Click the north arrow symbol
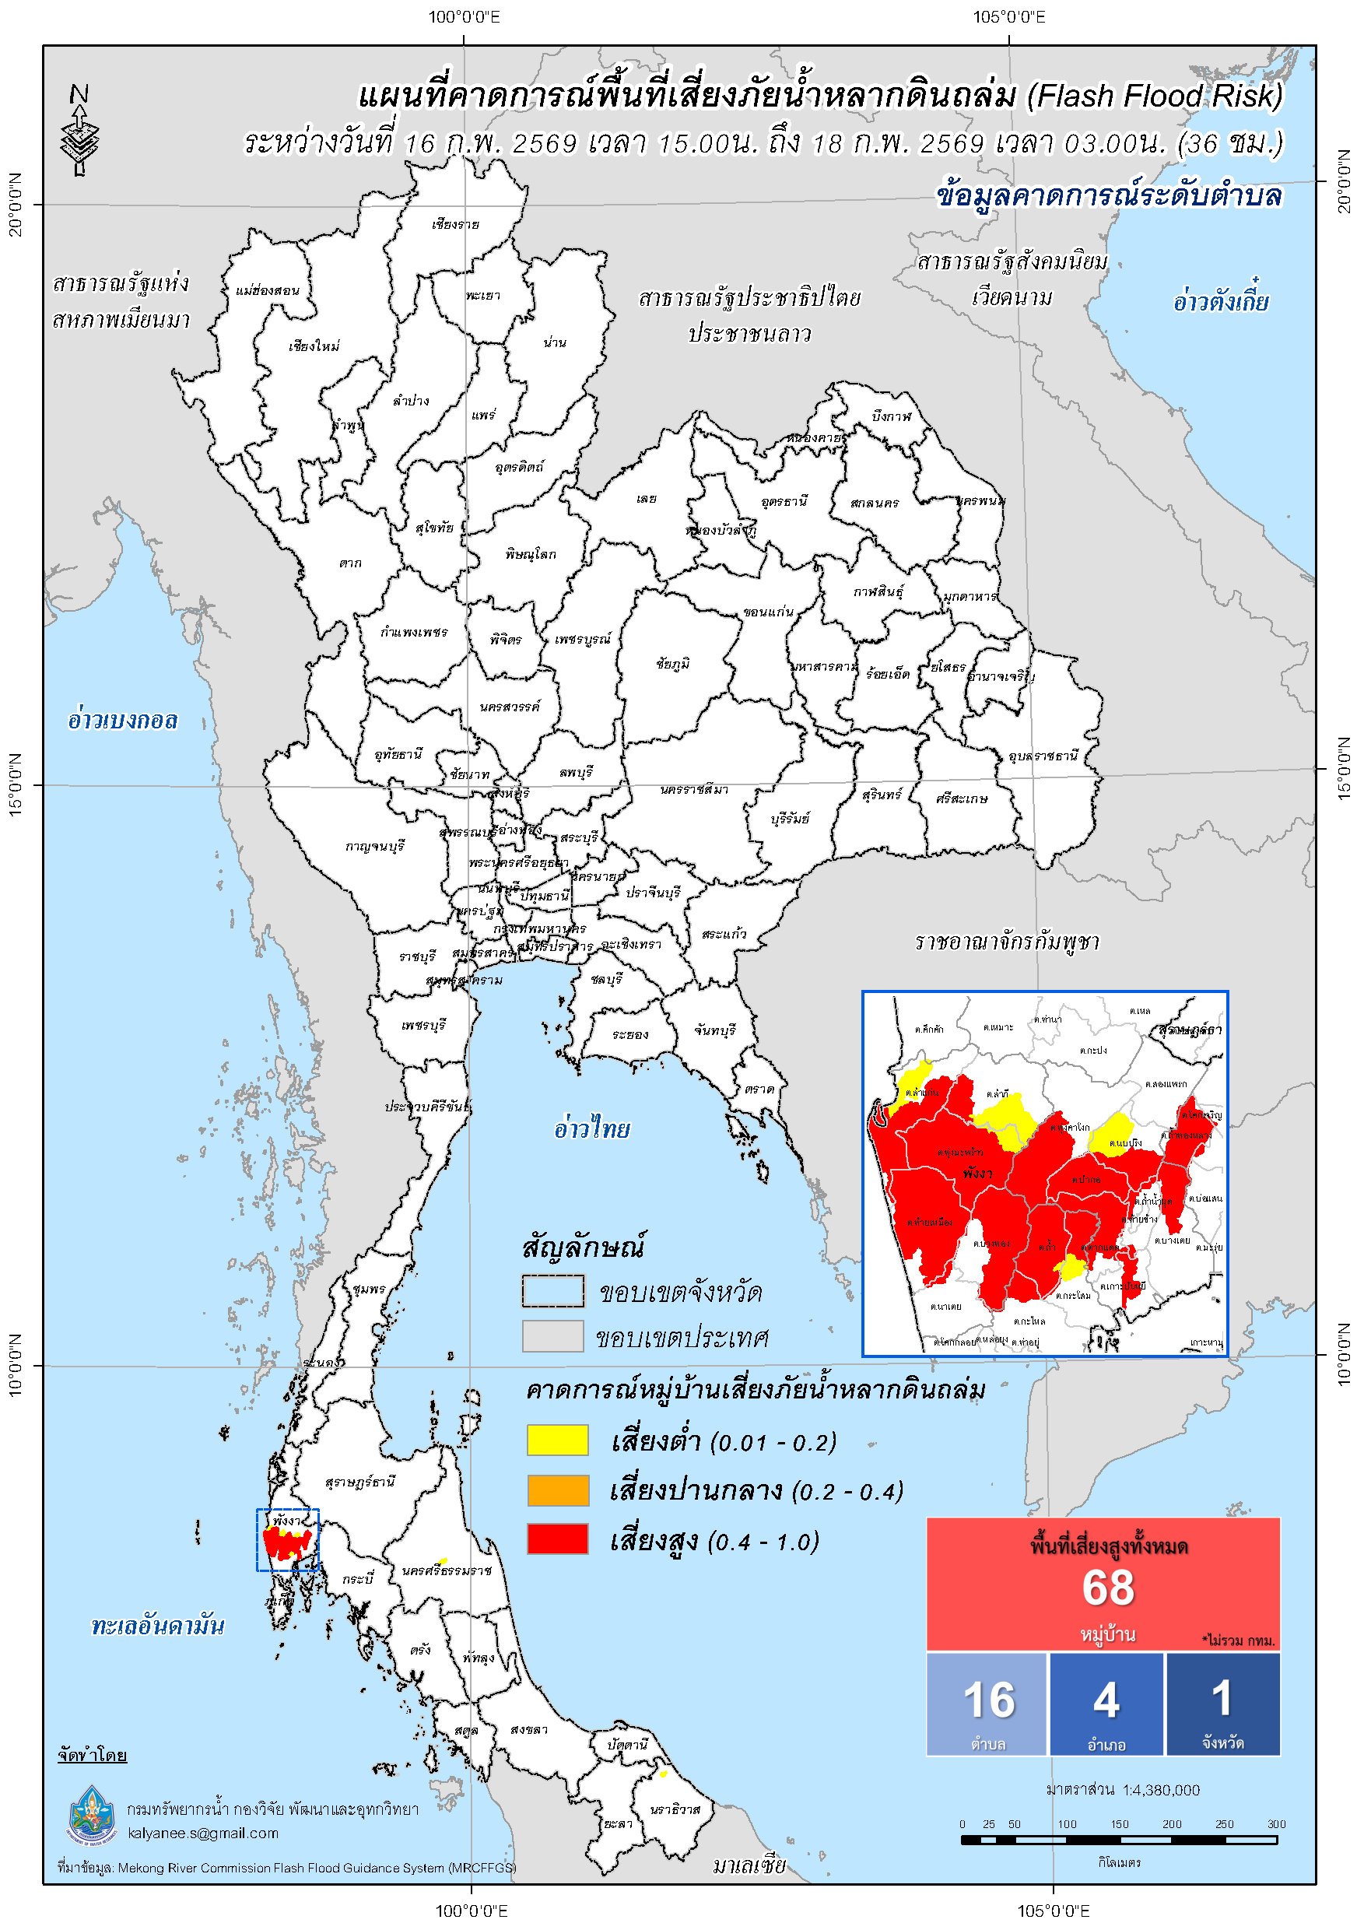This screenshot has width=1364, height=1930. pos(80,130)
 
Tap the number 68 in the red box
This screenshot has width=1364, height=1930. pos(1108,1588)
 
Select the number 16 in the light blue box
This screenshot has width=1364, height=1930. pos(989,1700)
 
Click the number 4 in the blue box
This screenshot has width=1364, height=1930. pos(1106,1700)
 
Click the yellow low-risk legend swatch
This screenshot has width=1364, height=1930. pos(557,1440)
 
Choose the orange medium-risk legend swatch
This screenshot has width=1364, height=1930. pos(557,1490)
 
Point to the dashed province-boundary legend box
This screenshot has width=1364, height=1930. pos(553,1292)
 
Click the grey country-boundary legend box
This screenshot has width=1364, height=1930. pos(553,1336)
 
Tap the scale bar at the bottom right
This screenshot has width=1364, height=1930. pos(1119,1840)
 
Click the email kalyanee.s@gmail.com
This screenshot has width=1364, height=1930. pos(202,1833)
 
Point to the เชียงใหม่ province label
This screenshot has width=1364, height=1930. pos(314,346)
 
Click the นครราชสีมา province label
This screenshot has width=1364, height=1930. pos(694,790)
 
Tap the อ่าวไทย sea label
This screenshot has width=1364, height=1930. pos(591,1129)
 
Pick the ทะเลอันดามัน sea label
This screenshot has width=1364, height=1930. pos(158,1626)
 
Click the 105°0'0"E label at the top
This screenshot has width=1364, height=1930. pos(1009,17)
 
